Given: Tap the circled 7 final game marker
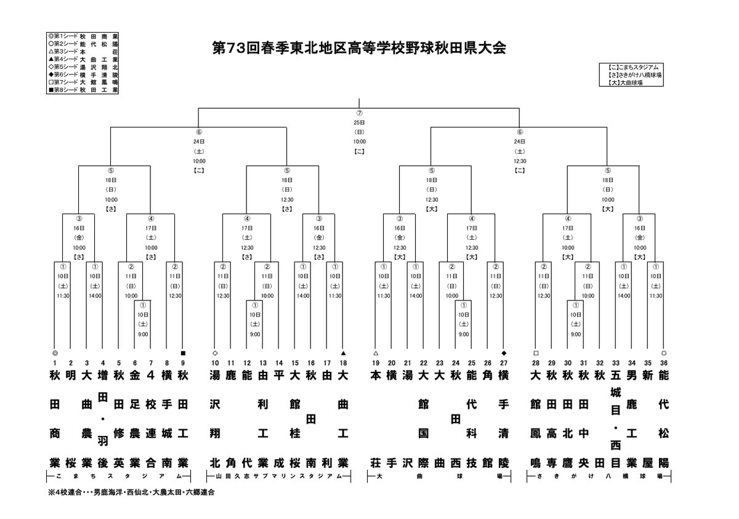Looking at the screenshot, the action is tap(359, 114).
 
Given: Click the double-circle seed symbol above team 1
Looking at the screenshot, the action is tap(55, 353).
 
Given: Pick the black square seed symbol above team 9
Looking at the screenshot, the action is tap(182, 353).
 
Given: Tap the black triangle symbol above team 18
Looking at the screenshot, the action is tap(343, 353).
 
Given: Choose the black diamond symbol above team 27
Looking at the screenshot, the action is tap(504, 353).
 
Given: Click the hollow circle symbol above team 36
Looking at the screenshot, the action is tap(663, 353).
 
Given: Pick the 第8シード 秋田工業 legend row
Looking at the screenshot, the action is tap(82, 90).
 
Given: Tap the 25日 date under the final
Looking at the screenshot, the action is tap(359, 123).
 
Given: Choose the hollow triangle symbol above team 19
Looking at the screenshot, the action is tap(376, 353).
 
